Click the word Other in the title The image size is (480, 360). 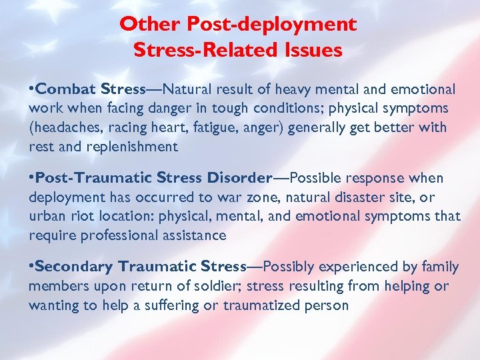(143, 25)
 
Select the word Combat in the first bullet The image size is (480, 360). (63, 89)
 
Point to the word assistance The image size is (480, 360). (194, 235)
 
